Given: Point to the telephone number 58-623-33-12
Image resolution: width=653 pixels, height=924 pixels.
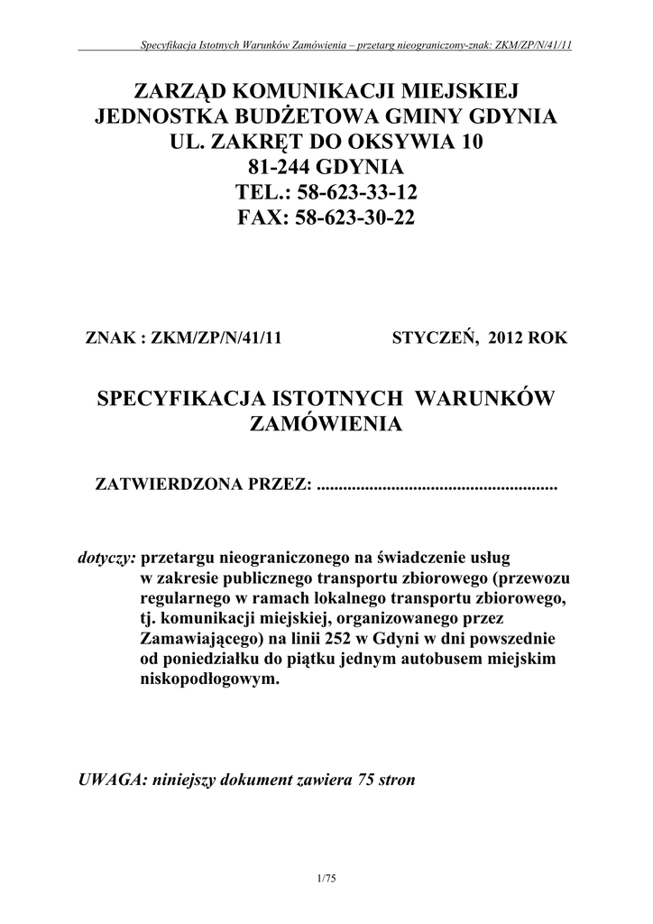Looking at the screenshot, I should (354, 193).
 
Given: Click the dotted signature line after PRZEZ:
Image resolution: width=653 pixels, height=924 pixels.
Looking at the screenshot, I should (438, 487).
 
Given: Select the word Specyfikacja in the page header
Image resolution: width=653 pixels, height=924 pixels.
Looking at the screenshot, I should (165, 45).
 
